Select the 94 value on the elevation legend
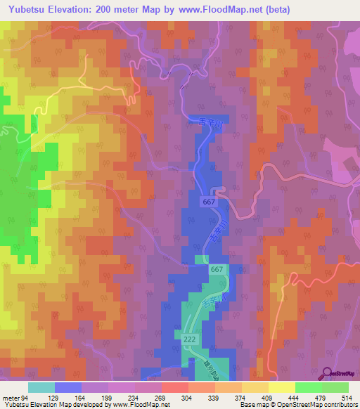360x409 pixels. point(27,397)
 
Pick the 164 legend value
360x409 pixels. point(81,397)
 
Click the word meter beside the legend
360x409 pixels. point(11,397)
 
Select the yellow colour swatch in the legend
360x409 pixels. point(282,387)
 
